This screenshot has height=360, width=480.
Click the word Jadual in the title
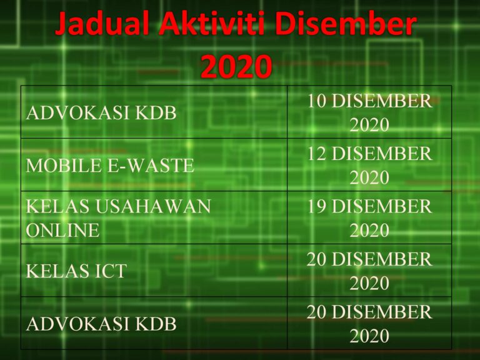point(101,25)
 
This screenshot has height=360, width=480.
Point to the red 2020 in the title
point(236,66)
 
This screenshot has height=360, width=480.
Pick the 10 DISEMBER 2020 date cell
point(369,113)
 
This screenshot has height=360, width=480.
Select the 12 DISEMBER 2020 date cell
point(369,166)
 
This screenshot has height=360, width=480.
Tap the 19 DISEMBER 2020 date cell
point(369,218)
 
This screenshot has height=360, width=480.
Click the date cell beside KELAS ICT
point(369,271)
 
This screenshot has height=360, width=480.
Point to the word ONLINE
point(62,231)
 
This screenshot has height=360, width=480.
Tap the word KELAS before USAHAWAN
point(56,206)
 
